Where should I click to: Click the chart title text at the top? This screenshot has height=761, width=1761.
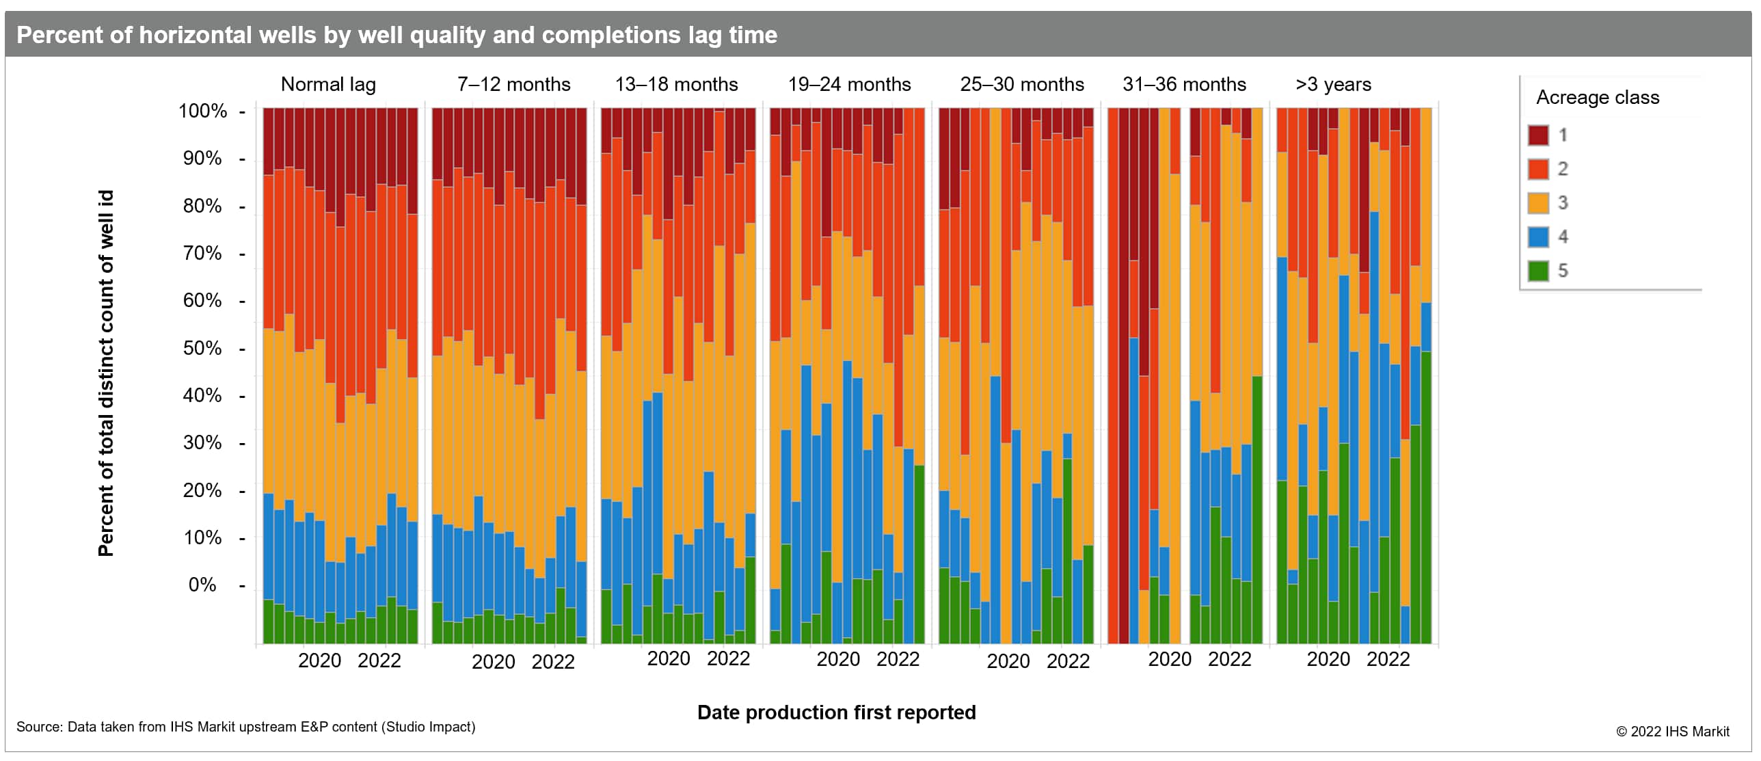396,35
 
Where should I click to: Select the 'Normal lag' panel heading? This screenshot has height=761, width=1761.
328,85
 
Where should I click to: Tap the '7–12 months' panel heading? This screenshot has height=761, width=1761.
513,85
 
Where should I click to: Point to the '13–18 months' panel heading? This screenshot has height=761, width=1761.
676,85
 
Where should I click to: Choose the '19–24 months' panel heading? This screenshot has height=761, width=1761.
849,85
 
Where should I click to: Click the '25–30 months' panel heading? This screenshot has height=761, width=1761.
1021,85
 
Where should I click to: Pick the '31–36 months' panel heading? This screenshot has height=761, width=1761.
1184,85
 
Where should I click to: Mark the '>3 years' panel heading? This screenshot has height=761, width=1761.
1333,85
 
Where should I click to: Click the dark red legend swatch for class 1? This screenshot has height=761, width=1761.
1538,135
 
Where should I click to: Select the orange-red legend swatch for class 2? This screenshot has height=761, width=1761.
1538,169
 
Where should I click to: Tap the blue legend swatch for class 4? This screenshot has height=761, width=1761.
1538,237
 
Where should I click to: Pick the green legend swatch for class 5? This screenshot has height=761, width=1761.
1538,271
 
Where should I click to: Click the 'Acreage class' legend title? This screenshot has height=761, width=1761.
1598,98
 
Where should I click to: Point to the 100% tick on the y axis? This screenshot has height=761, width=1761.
203,111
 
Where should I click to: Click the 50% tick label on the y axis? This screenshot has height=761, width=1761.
202,349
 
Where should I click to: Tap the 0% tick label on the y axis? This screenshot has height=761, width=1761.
202,585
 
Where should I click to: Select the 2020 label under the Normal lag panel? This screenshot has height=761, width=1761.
319,660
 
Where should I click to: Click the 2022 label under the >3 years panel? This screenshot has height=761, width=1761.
1388,659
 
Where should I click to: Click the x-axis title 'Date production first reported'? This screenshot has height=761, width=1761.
836,712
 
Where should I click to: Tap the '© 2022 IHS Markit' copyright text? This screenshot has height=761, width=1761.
1672,732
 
